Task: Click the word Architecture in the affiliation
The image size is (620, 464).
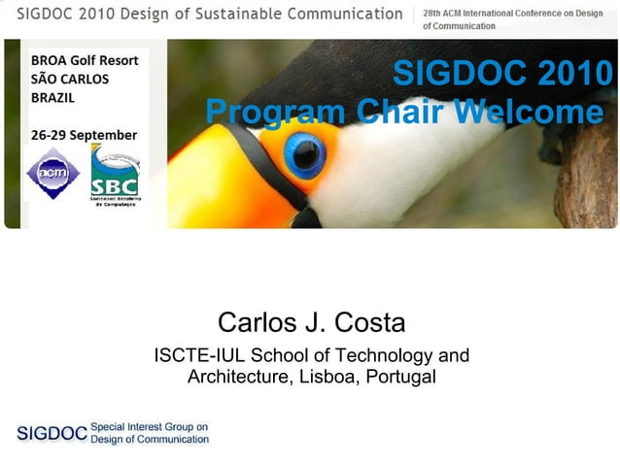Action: [237, 377]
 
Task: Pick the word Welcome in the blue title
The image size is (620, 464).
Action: [530, 113]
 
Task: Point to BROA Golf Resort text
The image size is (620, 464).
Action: [85, 59]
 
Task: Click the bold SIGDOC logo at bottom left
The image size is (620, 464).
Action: [52, 433]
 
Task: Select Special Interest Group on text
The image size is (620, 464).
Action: [150, 427]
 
